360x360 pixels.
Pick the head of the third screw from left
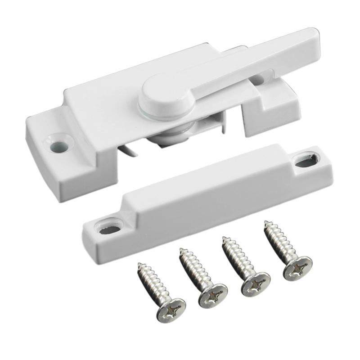[x=256, y=283]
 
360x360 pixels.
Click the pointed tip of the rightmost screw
[x=266, y=222]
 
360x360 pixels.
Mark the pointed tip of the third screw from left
[x=224, y=238]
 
